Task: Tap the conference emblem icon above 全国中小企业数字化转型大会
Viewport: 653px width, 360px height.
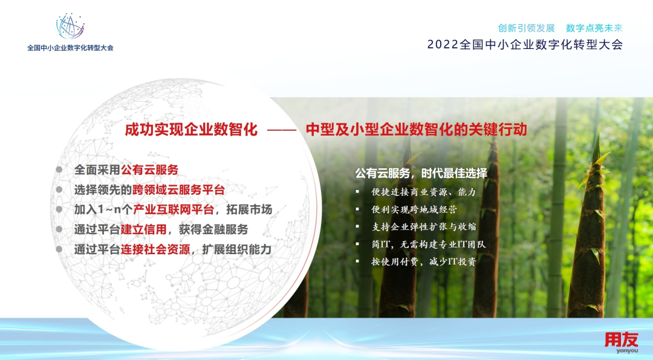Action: [70, 26]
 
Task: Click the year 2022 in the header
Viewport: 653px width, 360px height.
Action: [443, 45]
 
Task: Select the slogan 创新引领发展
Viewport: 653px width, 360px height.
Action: [527, 28]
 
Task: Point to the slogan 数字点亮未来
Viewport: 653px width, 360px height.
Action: [594, 28]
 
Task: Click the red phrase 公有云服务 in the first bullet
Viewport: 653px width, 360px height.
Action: [149, 169]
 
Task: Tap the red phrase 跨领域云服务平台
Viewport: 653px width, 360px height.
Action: [178, 189]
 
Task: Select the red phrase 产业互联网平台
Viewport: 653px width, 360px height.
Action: [174, 209]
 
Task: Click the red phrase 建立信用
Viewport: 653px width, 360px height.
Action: [144, 229]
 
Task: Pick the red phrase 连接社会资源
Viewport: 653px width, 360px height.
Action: [155, 250]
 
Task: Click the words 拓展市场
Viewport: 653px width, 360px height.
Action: [249, 209]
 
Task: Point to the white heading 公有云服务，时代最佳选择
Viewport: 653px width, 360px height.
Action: [421, 173]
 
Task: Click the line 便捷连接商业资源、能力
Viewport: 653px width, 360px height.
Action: [423, 192]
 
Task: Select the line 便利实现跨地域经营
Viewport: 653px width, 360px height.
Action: [414, 209]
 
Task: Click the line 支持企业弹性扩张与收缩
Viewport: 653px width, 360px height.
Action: [424, 227]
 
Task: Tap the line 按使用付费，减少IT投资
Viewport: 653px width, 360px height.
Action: [424, 261]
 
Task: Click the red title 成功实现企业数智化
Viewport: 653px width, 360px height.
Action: [191, 129]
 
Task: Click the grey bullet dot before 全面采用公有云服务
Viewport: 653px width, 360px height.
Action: [59, 169]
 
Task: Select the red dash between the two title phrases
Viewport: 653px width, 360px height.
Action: [282, 130]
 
